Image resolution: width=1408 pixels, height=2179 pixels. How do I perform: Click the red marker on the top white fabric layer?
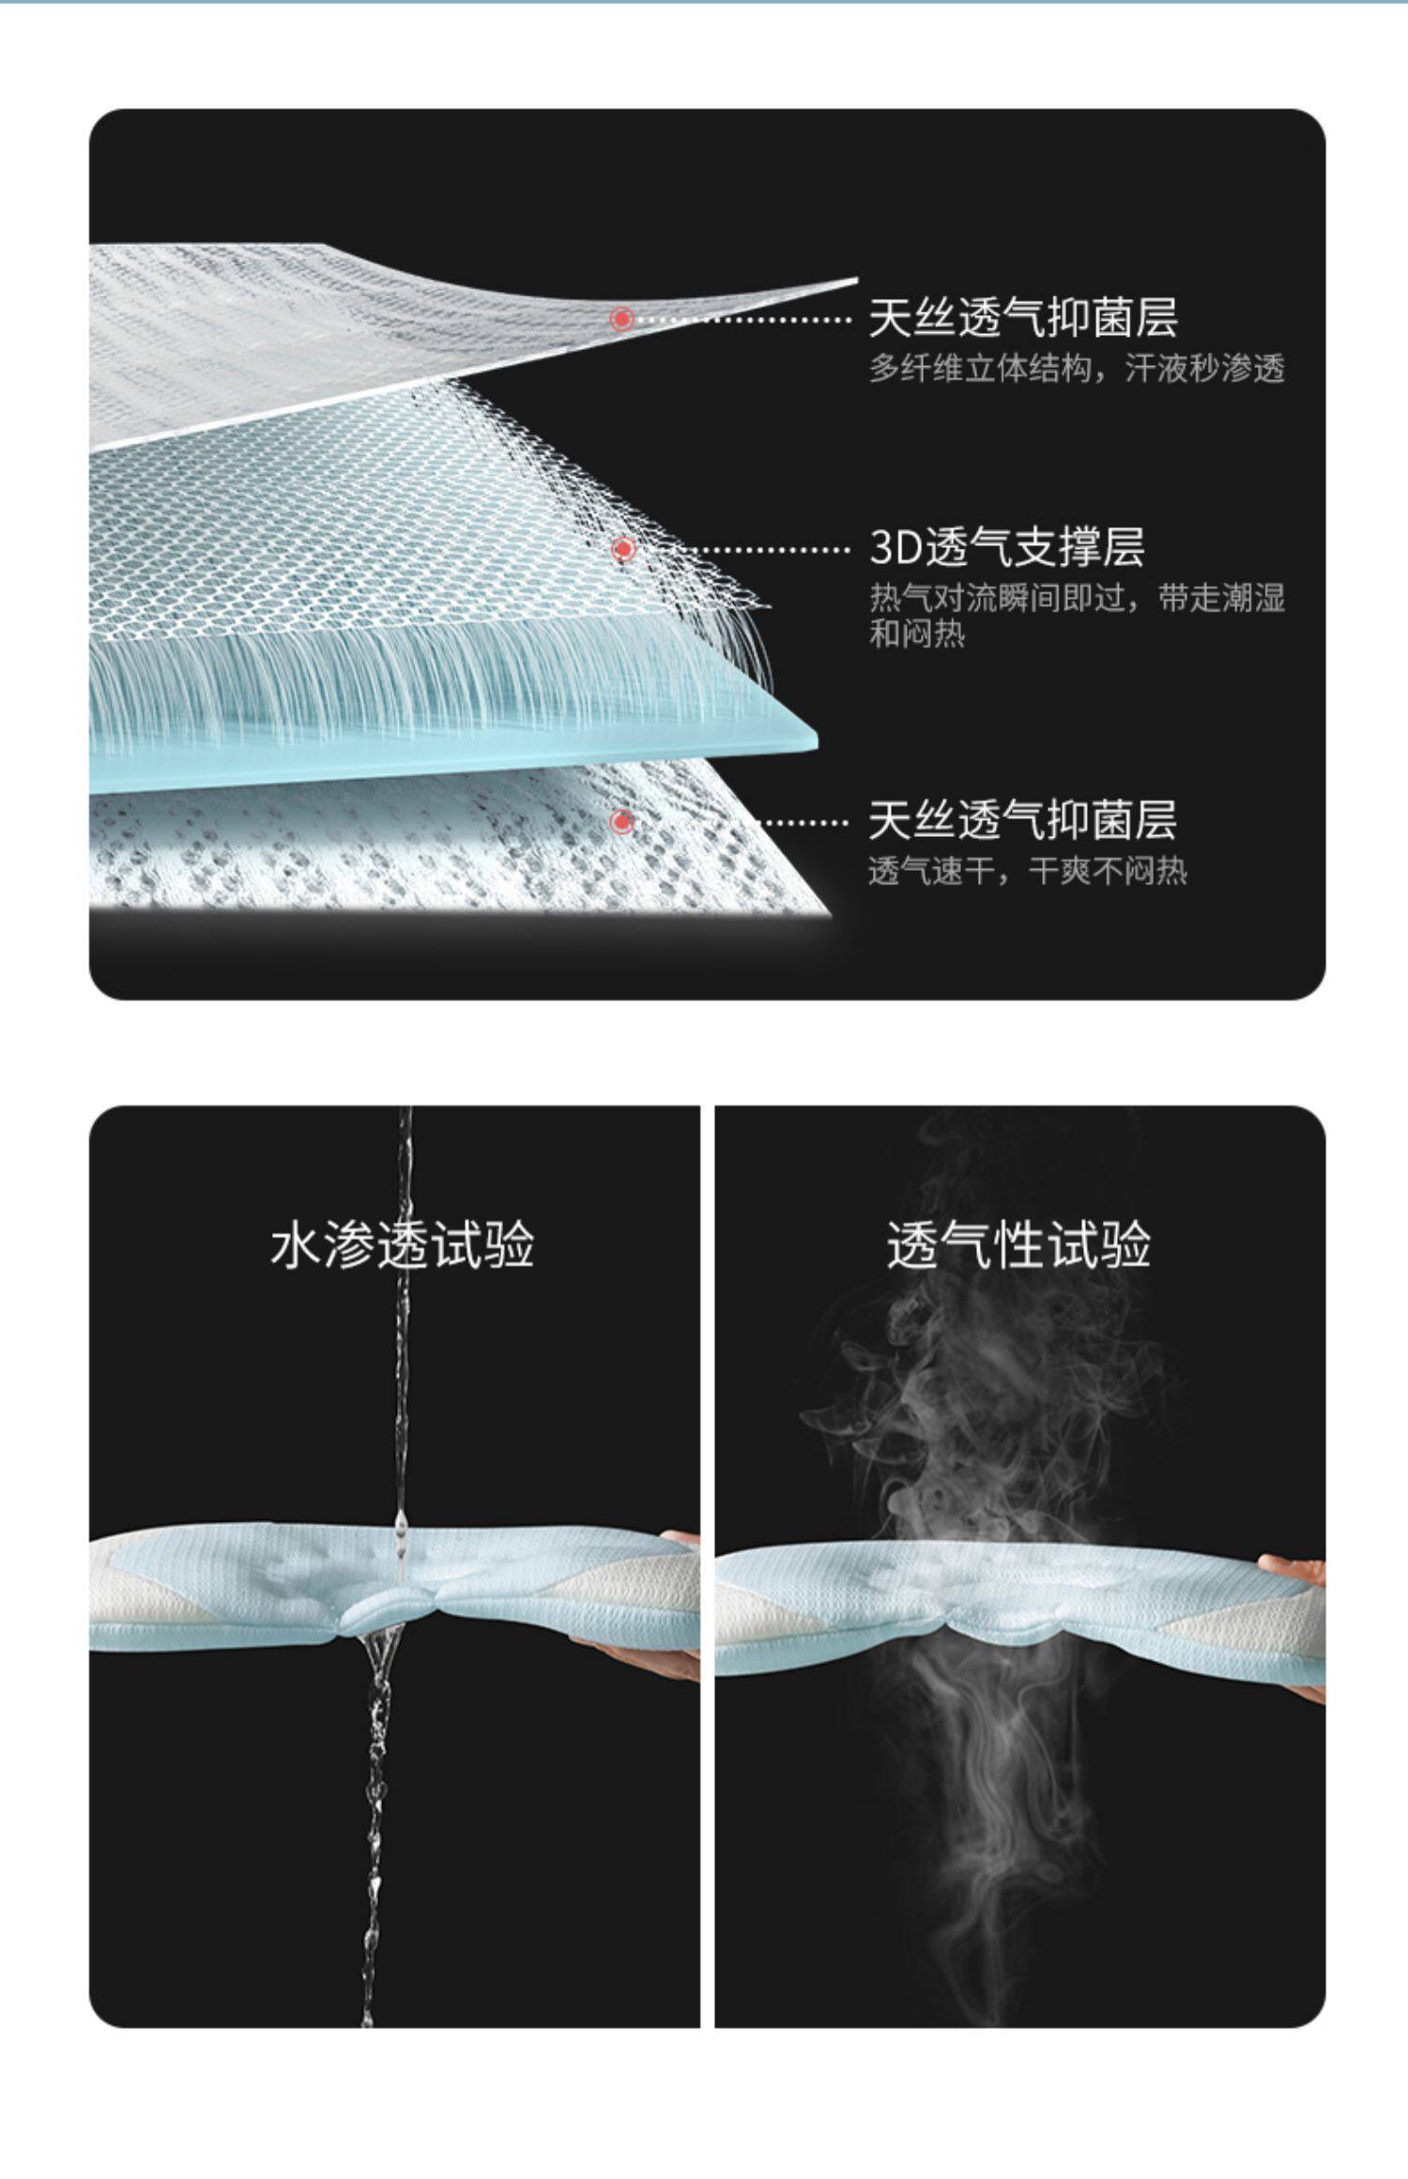tap(621, 319)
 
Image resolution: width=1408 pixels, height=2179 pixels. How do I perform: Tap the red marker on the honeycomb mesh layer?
tap(622, 548)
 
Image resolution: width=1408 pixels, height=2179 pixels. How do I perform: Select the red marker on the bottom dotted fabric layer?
tap(620, 822)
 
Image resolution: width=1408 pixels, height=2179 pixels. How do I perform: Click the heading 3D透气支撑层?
tap(1006, 548)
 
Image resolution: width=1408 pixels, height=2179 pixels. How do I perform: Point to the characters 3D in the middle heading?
tap(895, 548)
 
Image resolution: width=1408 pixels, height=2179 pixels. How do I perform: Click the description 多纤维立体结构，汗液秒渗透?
tap(1076, 370)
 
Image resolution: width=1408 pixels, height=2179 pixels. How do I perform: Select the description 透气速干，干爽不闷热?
tap(1027, 873)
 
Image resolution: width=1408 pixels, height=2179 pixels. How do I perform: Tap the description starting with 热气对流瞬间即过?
tap(1076, 616)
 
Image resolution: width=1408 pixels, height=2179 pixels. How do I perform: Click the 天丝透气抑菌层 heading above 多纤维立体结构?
tap(1022, 318)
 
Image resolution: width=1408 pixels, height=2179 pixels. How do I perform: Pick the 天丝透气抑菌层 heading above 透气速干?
tap(1022, 821)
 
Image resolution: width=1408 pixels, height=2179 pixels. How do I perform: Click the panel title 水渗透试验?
tap(402, 1246)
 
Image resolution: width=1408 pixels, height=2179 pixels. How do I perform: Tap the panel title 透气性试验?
tap(1018, 1246)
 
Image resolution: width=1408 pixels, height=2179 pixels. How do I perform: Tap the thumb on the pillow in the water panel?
tap(681, 1536)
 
